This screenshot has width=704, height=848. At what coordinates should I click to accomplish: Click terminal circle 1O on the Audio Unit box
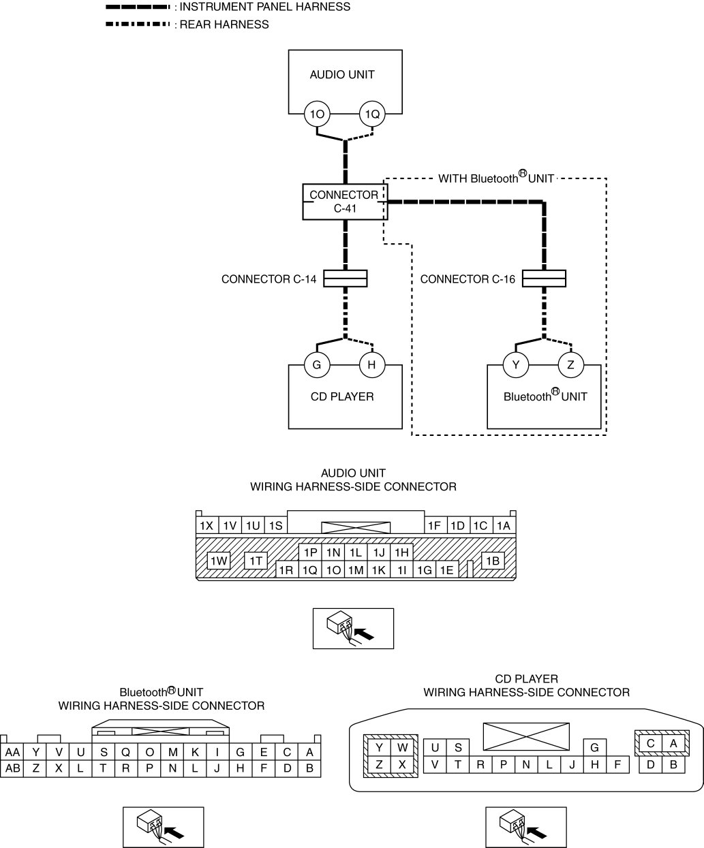(x=317, y=114)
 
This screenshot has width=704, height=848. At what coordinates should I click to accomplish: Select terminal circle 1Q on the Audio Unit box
(x=372, y=114)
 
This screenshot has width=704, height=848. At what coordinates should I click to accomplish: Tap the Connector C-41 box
(x=345, y=202)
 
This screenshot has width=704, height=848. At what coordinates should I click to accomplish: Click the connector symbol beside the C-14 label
(x=346, y=279)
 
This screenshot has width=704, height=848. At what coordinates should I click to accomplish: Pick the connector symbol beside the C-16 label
(x=544, y=279)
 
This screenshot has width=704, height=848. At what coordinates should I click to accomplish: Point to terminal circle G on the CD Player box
(x=317, y=364)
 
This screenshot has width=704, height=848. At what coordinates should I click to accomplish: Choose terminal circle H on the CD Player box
(x=372, y=364)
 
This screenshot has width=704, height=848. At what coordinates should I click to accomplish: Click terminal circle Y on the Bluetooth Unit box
(x=516, y=364)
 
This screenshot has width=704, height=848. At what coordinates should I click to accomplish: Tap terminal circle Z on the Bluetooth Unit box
(x=571, y=364)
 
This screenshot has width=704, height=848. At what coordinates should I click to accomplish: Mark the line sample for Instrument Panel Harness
(x=138, y=7)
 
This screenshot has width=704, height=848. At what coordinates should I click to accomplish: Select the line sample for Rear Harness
(x=138, y=25)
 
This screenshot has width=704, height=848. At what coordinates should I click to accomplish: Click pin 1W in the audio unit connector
(x=219, y=561)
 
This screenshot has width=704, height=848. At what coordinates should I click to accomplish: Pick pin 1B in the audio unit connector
(x=493, y=561)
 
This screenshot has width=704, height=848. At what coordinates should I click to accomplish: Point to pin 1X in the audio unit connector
(x=207, y=526)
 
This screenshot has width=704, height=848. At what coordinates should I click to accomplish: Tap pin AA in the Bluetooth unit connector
(x=12, y=753)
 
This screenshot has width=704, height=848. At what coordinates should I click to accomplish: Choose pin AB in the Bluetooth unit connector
(x=12, y=769)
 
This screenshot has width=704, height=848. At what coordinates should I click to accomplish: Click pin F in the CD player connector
(x=617, y=765)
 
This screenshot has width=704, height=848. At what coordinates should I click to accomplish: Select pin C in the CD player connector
(x=650, y=743)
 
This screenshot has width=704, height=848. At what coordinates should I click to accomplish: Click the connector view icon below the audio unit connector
(x=353, y=629)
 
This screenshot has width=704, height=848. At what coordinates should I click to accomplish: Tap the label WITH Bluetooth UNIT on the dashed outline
(x=496, y=178)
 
